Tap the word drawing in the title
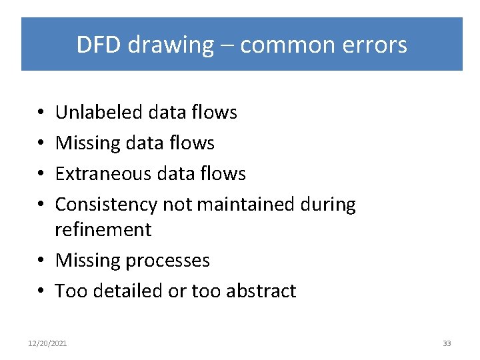(170, 45)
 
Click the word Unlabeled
(100, 113)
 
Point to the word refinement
(103, 230)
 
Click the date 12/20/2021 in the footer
(47, 343)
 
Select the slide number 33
(447, 343)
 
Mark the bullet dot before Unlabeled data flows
(41, 113)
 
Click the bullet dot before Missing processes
(41, 261)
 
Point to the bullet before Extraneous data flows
(41, 175)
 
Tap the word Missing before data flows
(88, 143)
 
